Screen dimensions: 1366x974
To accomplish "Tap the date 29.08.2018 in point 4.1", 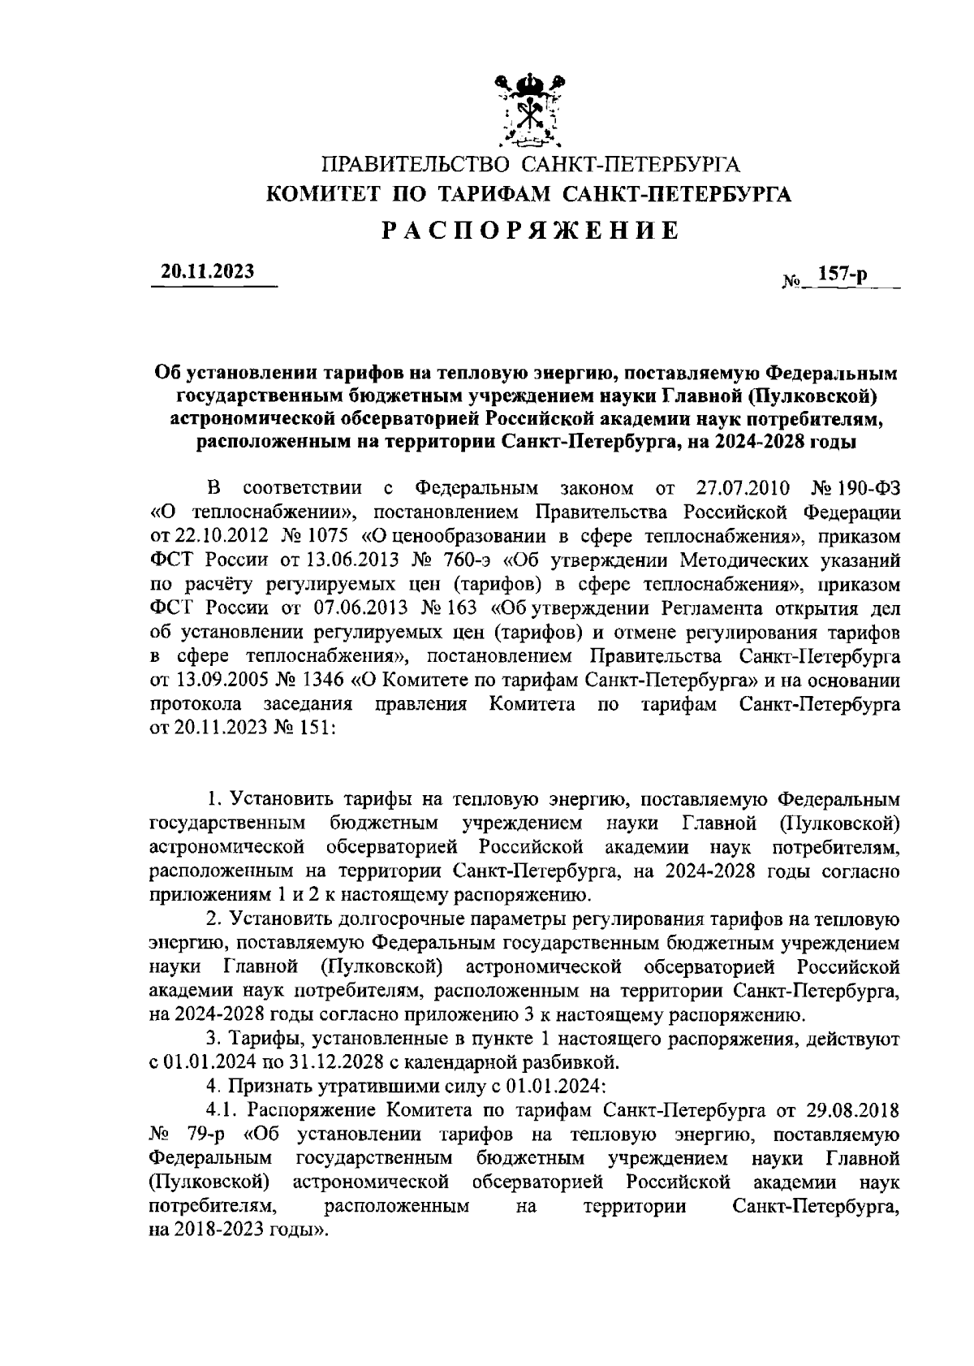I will point(853,1109).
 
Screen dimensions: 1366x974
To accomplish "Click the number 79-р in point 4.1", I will point(199,1133).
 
